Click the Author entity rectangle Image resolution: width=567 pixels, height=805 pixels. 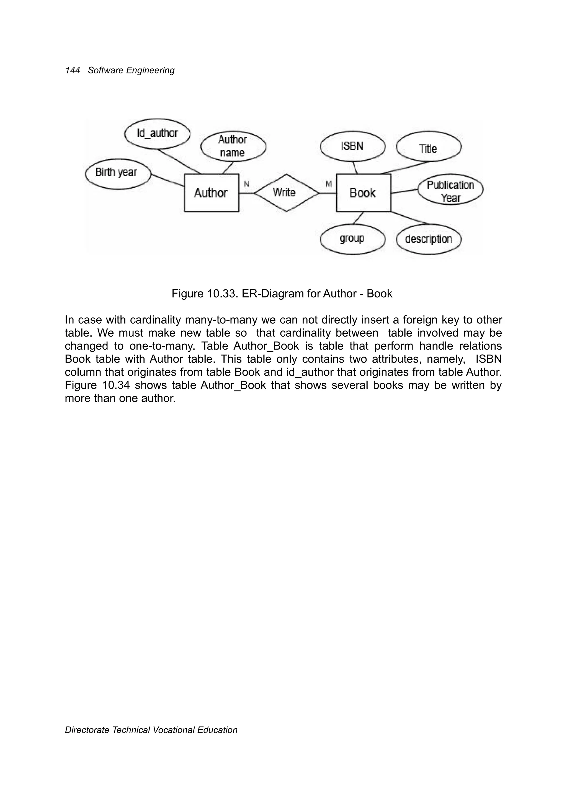pyautogui.click(x=211, y=193)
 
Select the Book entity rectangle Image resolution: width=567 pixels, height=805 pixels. pyautogui.click(x=363, y=193)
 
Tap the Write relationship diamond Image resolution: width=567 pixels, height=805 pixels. pyautogui.click(x=286, y=193)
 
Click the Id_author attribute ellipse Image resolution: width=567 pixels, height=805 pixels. pyautogui.click(x=157, y=134)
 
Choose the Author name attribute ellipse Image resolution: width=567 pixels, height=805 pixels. pyautogui.click(x=233, y=146)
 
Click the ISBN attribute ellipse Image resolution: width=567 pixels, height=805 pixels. pyautogui.click(x=352, y=146)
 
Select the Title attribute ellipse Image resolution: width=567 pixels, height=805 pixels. pyautogui.click(x=428, y=148)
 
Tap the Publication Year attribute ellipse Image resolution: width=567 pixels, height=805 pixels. pyautogui.click(x=450, y=190)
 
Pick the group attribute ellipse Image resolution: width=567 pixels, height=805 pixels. pyautogui.click(x=352, y=239)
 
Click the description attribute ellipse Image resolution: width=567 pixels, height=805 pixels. pyautogui.click(x=428, y=239)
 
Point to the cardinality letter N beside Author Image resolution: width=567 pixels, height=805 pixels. pyautogui.click(x=246, y=184)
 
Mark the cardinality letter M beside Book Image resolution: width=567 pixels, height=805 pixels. pyautogui.click(x=329, y=184)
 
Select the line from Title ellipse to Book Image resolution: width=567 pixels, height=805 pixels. pyautogui.click(x=405, y=168)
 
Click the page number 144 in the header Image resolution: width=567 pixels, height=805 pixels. pyautogui.click(x=73, y=70)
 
